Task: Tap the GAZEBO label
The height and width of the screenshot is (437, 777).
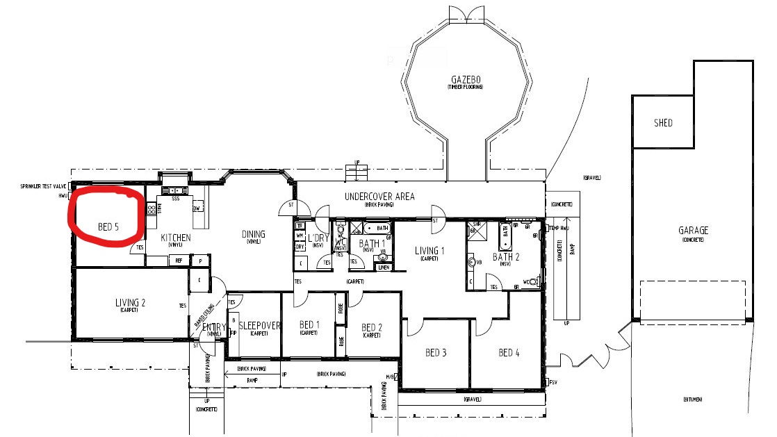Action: (x=465, y=81)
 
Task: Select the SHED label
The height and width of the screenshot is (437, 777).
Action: (x=663, y=123)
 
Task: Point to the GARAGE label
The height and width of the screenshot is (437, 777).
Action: (x=693, y=231)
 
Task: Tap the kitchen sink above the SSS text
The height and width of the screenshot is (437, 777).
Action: (x=174, y=190)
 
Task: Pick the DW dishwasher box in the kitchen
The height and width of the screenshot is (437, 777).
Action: (x=197, y=208)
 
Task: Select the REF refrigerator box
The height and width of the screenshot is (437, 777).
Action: (x=179, y=261)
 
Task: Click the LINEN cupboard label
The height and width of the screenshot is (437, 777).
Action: (x=383, y=267)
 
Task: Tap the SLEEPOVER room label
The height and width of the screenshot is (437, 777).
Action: (x=259, y=325)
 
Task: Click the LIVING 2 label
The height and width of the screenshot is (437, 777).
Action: (x=130, y=302)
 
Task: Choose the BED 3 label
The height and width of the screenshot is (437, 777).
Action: (x=435, y=353)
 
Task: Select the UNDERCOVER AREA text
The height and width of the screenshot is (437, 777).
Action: (x=379, y=197)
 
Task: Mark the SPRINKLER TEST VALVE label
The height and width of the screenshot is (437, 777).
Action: (x=43, y=187)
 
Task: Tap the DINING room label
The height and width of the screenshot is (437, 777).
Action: (x=253, y=234)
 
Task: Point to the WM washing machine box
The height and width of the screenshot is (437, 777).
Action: (x=300, y=236)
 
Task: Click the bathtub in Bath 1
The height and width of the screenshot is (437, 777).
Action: (x=378, y=228)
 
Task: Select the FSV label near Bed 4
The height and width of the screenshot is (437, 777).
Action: (x=554, y=382)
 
